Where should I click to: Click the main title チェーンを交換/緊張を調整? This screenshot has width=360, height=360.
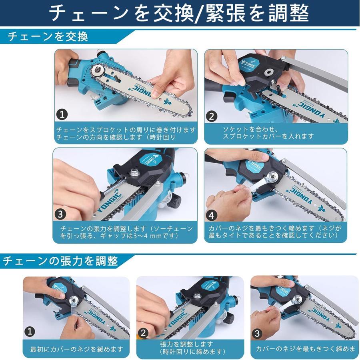click(179, 14)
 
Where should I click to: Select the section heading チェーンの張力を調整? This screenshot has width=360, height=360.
click(60, 261)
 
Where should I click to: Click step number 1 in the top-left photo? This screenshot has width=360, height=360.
click(61, 115)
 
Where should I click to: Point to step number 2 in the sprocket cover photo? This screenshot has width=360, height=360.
click(212, 116)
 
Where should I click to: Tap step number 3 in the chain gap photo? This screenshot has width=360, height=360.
click(60, 214)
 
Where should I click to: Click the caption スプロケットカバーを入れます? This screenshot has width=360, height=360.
click(268, 136)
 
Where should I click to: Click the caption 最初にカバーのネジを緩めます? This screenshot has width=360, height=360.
click(77, 349)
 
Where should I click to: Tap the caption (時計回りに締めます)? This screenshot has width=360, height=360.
click(186, 352)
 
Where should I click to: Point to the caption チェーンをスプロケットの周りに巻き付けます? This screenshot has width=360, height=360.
click(126, 130)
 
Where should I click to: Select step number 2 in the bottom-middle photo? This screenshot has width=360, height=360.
click(144, 333)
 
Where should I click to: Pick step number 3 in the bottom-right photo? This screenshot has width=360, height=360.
click(257, 333)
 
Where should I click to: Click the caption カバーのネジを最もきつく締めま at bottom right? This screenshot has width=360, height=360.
click(306, 349)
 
